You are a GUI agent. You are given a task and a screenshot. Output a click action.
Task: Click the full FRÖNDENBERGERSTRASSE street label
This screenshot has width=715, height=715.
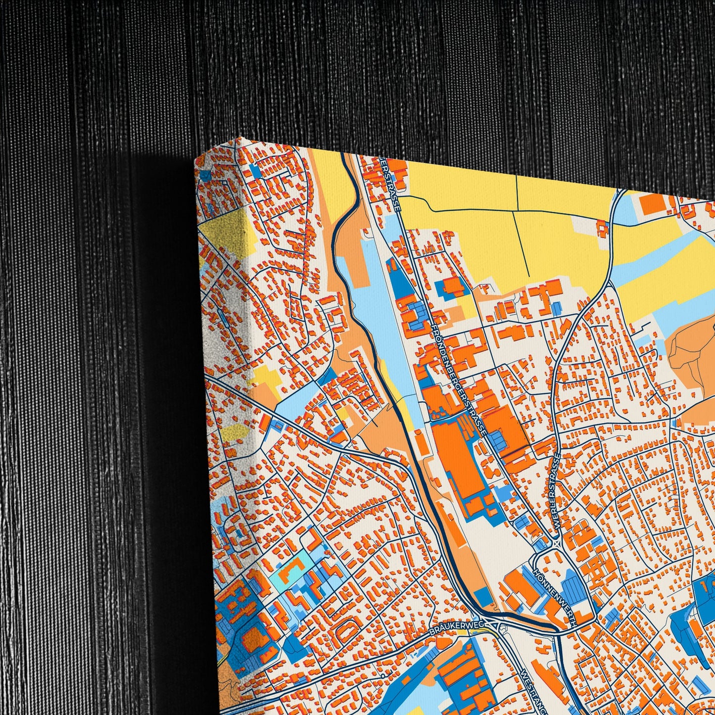(x=459, y=380)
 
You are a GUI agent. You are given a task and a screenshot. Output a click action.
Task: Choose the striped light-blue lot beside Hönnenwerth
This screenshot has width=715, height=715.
(x=572, y=588)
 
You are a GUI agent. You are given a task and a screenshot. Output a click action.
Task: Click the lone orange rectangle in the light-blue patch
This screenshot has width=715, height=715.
(x=651, y=204)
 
